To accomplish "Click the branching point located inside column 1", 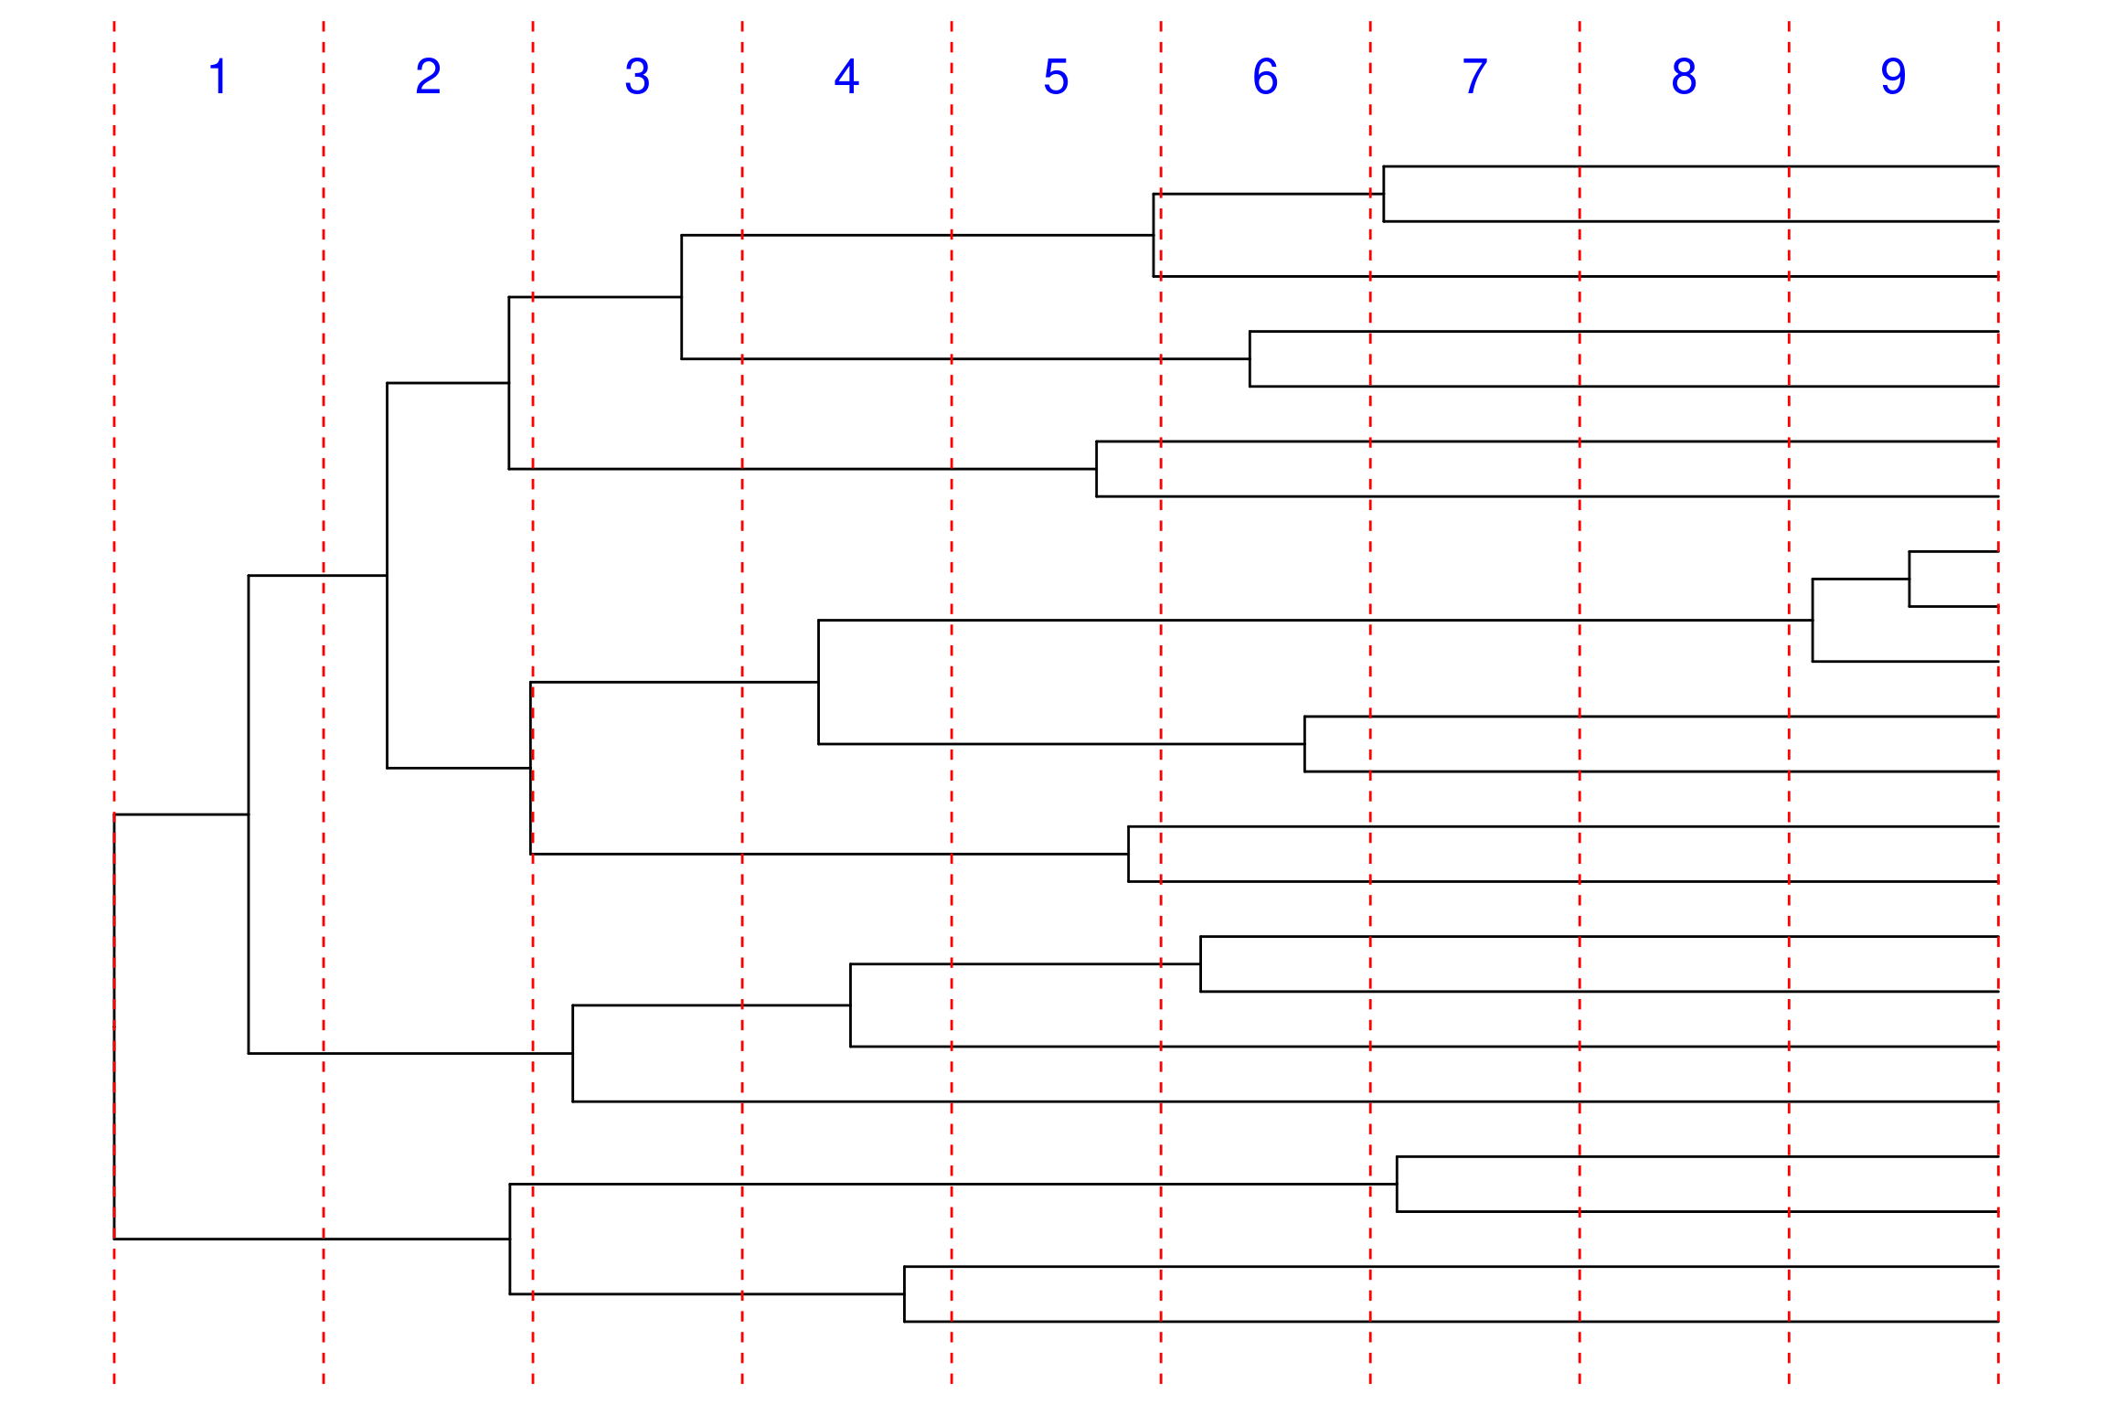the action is (x=249, y=814).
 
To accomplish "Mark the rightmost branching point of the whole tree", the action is (x=1909, y=579).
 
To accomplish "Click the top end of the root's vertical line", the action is (x=114, y=814).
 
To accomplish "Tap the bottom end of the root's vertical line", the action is (x=114, y=1239).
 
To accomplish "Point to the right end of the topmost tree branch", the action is (x=1998, y=166).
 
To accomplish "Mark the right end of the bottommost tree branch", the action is (x=1998, y=1321).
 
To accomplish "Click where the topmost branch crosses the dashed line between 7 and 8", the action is (x=1579, y=166).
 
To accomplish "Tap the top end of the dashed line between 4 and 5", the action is (x=952, y=22).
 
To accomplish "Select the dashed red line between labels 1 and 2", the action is (x=324, y=702).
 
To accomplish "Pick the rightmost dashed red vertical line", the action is (x=1998, y=702).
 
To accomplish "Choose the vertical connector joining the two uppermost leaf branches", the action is (x=1384, y=194).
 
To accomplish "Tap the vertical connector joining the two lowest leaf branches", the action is (x=905, y=1293).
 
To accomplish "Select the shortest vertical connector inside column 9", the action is (x=1909, y=579).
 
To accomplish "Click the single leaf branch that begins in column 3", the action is (x=1285, y=1101).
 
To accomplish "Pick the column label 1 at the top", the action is (x=218, y=76).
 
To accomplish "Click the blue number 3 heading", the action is (x=637, y=76).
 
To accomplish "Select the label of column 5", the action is (x=1056, y=76).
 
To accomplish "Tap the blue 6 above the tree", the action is (x=1265, y=76).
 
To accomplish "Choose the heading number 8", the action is (x=1684, y=76).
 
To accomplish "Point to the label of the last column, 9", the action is (x=1893, y=76).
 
